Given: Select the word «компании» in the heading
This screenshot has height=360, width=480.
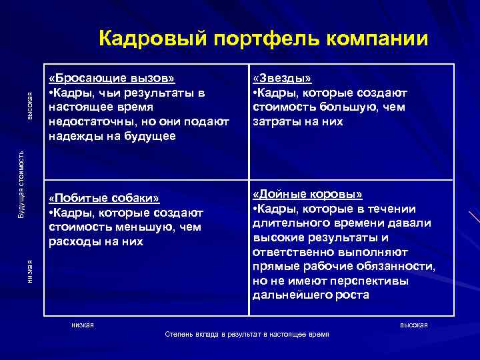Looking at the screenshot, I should (378, 39).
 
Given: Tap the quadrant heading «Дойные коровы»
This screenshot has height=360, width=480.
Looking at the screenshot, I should (308, 194).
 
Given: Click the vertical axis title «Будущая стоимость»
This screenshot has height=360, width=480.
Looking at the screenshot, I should (21, 184).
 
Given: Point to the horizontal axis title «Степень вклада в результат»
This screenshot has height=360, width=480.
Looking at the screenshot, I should (247, 334).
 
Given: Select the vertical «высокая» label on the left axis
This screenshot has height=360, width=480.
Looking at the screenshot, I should (29, 107).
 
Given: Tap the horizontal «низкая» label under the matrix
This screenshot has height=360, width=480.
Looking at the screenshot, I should (83, 325).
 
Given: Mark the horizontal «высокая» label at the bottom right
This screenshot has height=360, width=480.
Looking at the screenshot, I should (413, 325).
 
